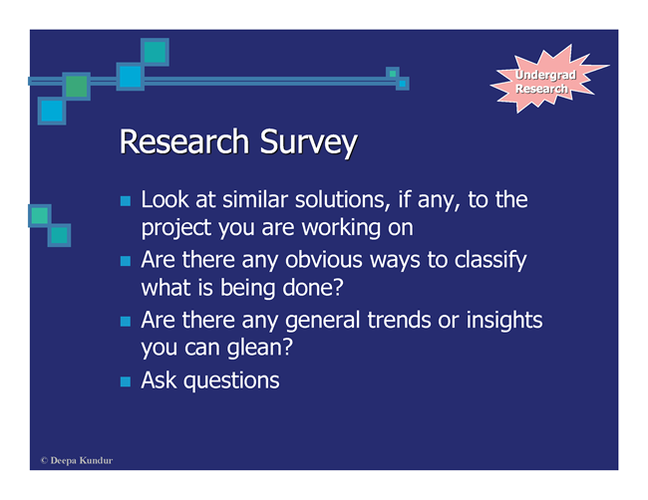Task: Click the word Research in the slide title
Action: [x=184, y=141]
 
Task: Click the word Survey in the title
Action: [x=308, y=143]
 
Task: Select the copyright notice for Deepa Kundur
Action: [x=77, y=460]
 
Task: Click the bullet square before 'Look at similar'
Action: [x=126, y=201]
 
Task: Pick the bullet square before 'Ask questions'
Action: [x=126, y=381]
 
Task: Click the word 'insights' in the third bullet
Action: [x=504, y=322]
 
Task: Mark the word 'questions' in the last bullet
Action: [x=231, y=381]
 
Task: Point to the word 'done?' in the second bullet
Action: [x=312, y=288]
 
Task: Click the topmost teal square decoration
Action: [x=155, y=52]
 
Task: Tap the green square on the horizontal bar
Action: [x=77, y=87]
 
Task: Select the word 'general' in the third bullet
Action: [x=322, y=322]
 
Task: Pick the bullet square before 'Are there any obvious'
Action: [x=126, y=261]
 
